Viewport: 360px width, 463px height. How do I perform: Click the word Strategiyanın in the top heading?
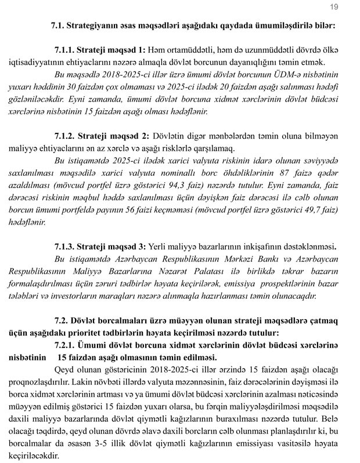95,27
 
